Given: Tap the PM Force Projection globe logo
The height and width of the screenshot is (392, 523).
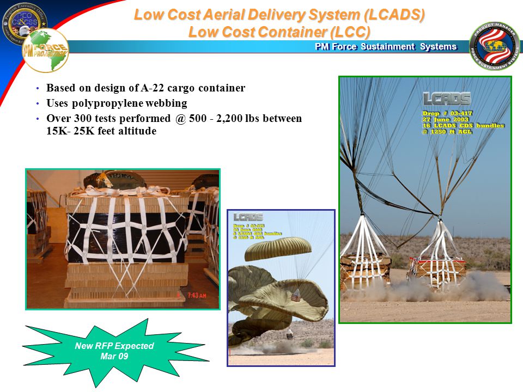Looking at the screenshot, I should click(x=45, y=51).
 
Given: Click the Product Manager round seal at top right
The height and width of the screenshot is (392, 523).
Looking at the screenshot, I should click(x=494, y=46).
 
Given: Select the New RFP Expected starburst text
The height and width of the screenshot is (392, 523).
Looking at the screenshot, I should click(x=114, y=351).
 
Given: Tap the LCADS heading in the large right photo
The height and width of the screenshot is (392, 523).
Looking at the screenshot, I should click(x=447, y=100).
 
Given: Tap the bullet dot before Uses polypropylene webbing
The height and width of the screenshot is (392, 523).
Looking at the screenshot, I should click(x=37, y=103).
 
